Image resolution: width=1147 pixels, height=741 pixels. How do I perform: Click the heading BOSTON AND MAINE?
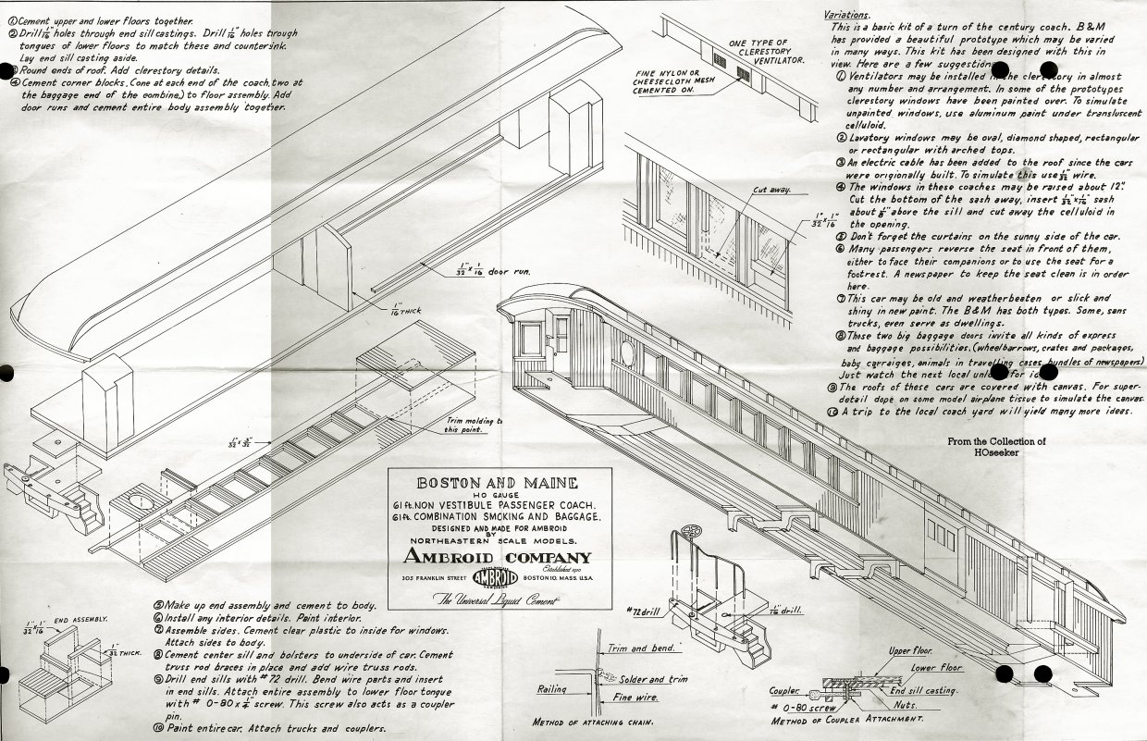[x=498, y=483]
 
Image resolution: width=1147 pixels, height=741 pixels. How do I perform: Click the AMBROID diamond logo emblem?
[x=498, y=577]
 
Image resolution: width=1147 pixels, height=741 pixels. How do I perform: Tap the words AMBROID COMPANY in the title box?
[x=498, y=557]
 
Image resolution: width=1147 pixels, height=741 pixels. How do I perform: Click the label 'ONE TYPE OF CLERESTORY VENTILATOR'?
[x=767, y=52]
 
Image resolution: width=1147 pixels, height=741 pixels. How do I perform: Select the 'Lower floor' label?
[x=936, y=667]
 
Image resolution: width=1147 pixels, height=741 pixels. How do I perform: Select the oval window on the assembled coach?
[x=626, y=352]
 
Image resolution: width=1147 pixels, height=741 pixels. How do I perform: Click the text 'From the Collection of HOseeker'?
[x=996, y=448]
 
